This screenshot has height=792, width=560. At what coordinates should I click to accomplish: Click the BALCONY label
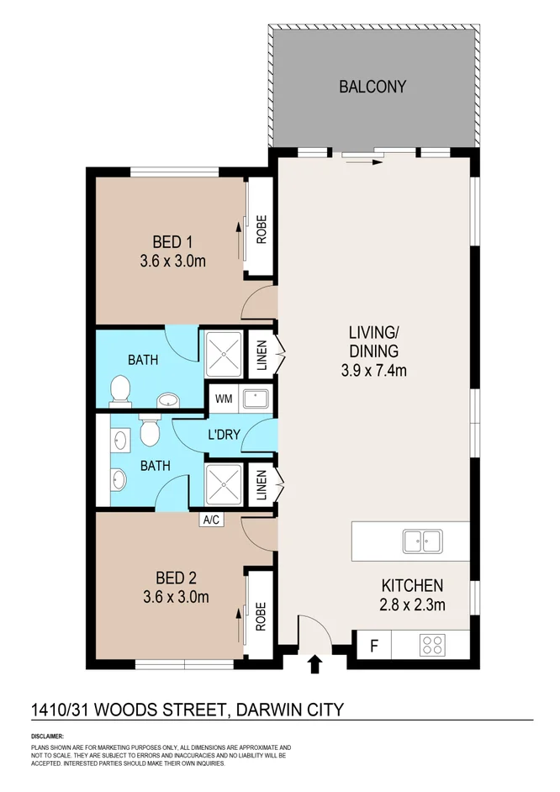pos(372,87)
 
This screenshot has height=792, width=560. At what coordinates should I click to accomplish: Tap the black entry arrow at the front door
pos(315,665)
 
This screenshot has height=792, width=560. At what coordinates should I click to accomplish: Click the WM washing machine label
pos(224,398)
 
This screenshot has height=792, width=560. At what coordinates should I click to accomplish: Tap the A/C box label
pos(210,520)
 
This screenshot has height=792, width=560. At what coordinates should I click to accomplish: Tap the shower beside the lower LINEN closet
pos(223,483)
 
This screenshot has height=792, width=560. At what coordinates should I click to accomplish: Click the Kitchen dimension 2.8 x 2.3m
pos(412,604)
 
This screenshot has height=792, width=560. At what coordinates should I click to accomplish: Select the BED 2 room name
pos(177,578)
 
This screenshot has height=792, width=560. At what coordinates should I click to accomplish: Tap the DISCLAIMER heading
pos(48,735)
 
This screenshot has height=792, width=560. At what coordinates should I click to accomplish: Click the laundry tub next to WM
pos(256,398)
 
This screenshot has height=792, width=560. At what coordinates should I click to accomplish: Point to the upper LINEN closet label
pos(262,354)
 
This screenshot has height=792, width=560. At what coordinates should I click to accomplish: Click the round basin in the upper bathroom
pos(167,399)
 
